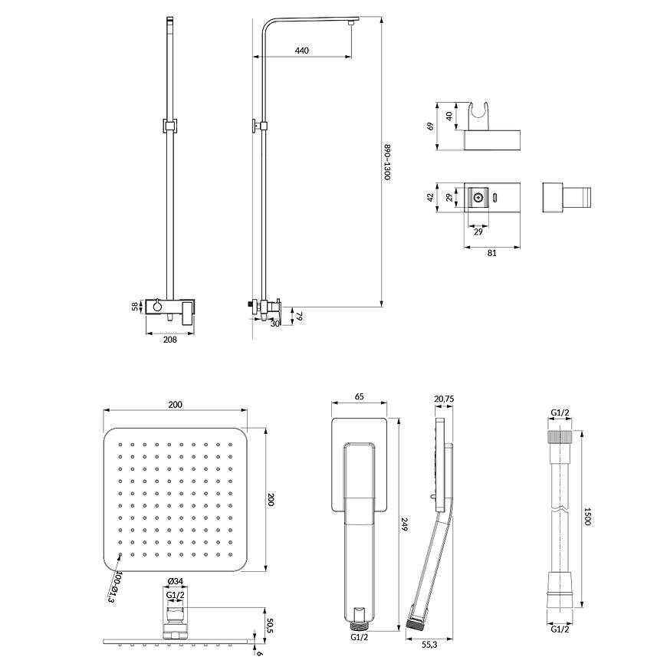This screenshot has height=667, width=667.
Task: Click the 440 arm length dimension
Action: [301, 51]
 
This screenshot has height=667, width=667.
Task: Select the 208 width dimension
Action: [170, 340]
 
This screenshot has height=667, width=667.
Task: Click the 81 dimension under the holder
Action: [491, 253]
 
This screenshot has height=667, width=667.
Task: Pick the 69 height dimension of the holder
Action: [431, 120]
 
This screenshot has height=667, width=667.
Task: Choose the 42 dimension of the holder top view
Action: [431, 197]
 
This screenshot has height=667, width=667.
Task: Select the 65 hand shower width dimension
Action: [360, 398]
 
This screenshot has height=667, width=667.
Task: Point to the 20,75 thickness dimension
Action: [444, 398]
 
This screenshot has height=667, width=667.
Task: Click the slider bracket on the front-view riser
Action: [170, 125]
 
